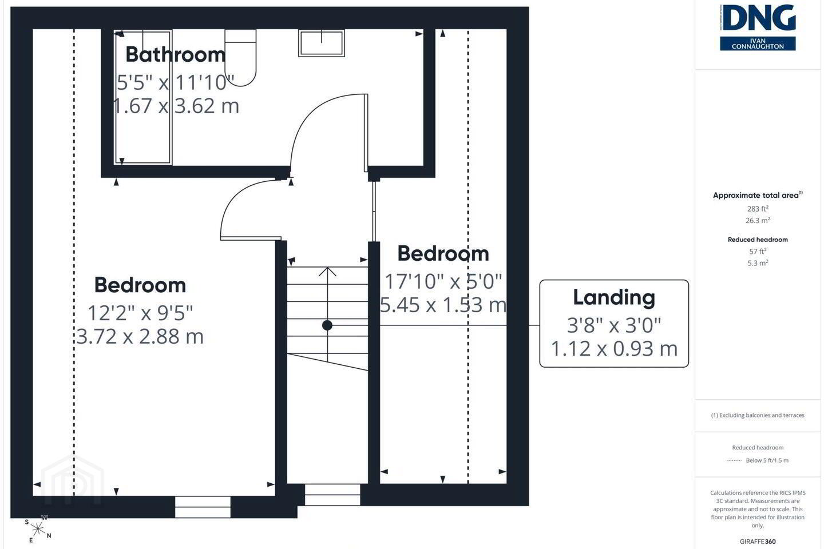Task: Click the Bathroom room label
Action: point(176,54)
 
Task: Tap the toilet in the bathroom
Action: point(240,58)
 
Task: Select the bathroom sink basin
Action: point(322,43)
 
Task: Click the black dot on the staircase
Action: point(327,325)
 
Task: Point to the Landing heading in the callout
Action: point(614,297)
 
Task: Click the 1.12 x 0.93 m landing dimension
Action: point(614,349)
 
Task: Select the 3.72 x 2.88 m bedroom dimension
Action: point(140,336)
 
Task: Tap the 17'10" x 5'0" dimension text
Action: point(443,282)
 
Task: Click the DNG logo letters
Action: point(758,18)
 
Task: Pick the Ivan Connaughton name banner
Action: point(758,44)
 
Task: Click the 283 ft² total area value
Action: point(758,209)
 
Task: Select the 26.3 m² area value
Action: point(758,220)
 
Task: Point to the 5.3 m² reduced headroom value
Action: point(758,263)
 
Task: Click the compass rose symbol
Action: point(38,529)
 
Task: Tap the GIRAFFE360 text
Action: point(758,541)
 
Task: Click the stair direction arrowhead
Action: point(327,272)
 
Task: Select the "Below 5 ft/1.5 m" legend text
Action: point(767,460)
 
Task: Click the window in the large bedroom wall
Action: point(203,507)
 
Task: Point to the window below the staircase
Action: point(332,495)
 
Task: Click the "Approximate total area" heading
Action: point(758,195)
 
